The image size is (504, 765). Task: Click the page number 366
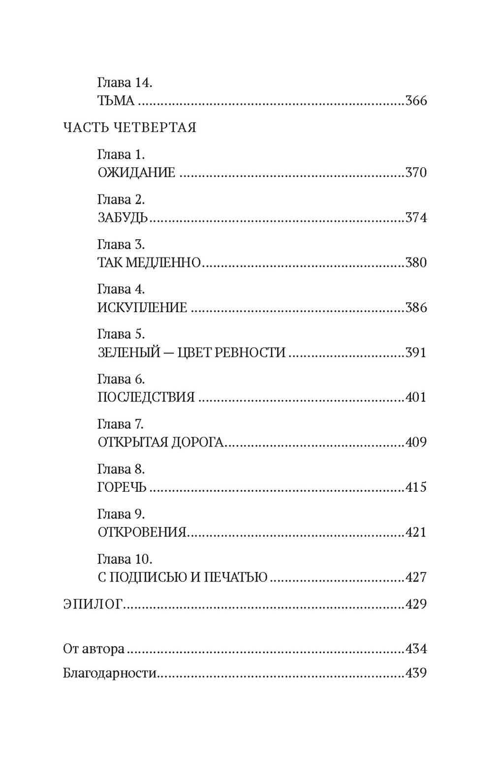coord(416,101)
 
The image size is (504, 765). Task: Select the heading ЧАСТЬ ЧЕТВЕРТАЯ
coord(129,128)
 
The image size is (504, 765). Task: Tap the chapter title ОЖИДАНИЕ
coord(136,173)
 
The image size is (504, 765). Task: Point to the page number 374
coord(416,218)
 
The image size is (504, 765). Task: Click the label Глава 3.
coord(121,245)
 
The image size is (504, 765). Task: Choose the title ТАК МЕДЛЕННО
coord(149,263)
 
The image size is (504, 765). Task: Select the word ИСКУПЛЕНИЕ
coord(142,308)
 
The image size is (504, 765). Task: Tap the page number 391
coord(416,353)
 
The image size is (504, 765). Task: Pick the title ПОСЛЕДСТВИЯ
coord(146,397)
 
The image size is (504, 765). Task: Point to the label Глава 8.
coord(121,469)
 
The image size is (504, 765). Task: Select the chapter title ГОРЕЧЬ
coord(122,487)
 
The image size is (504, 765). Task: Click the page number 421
coord(416,532)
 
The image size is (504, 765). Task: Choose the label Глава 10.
coord(125,559)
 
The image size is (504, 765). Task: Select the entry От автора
coord(94,649)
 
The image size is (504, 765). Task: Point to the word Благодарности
coord(110,673)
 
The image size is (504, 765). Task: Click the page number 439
coord(416,673)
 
